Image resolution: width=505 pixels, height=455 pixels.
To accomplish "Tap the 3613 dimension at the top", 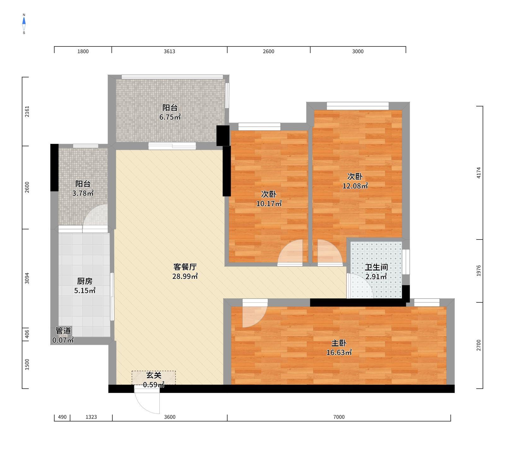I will tap(169, 52).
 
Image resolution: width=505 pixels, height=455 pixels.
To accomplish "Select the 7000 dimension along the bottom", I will tap(339, 417).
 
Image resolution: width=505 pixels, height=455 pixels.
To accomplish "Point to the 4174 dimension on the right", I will tap(478, 173).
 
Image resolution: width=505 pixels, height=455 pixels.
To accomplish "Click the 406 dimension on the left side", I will tap(27, 334).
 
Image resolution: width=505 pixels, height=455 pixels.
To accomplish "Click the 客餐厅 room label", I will tap(185, 267).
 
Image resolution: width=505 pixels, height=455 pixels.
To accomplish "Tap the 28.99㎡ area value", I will tap(185, 276).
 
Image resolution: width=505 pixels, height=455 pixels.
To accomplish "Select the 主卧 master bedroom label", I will tap(339, 343).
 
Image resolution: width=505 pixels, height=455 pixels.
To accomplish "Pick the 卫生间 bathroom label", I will tap(376, 267).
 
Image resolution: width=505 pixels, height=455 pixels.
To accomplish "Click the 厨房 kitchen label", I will tap(85, 281).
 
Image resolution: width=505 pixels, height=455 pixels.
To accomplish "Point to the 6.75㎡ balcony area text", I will tap(170, 117).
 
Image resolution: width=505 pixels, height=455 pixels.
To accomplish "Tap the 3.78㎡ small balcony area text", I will tap(83, 193).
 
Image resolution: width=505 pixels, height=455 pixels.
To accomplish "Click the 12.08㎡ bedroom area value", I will tap(355, 186).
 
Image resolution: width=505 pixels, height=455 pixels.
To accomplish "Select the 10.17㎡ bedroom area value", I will tap(269, 204).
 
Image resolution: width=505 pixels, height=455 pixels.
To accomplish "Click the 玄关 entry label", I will tap(154, 375).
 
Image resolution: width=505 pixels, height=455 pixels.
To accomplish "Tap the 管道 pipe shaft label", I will tap(63, 331).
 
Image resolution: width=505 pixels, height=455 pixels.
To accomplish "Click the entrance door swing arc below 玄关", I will tap(148, 403).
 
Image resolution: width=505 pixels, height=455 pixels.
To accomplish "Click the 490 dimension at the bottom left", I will tap(62, 417).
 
